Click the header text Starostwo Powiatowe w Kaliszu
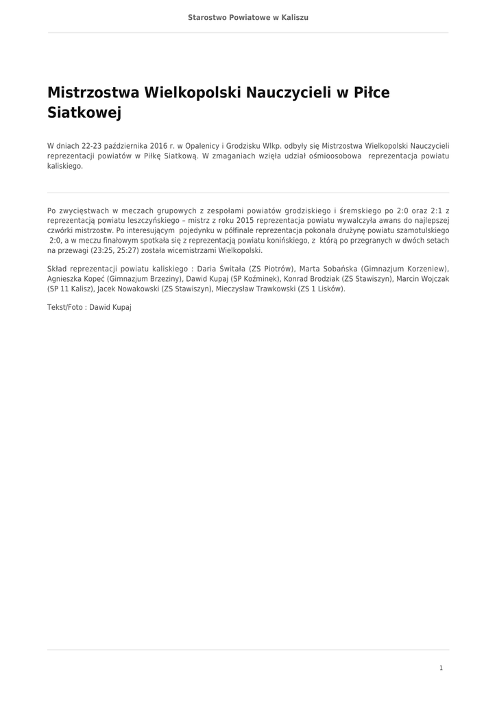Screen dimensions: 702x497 pos(248,17)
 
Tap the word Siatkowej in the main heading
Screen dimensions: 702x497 pos(84,113)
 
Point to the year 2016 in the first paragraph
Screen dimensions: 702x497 pos(158,146)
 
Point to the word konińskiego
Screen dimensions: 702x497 pos(284,241)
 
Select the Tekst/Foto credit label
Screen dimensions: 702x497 pos(66,308)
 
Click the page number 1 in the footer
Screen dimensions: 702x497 pos(441,668)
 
